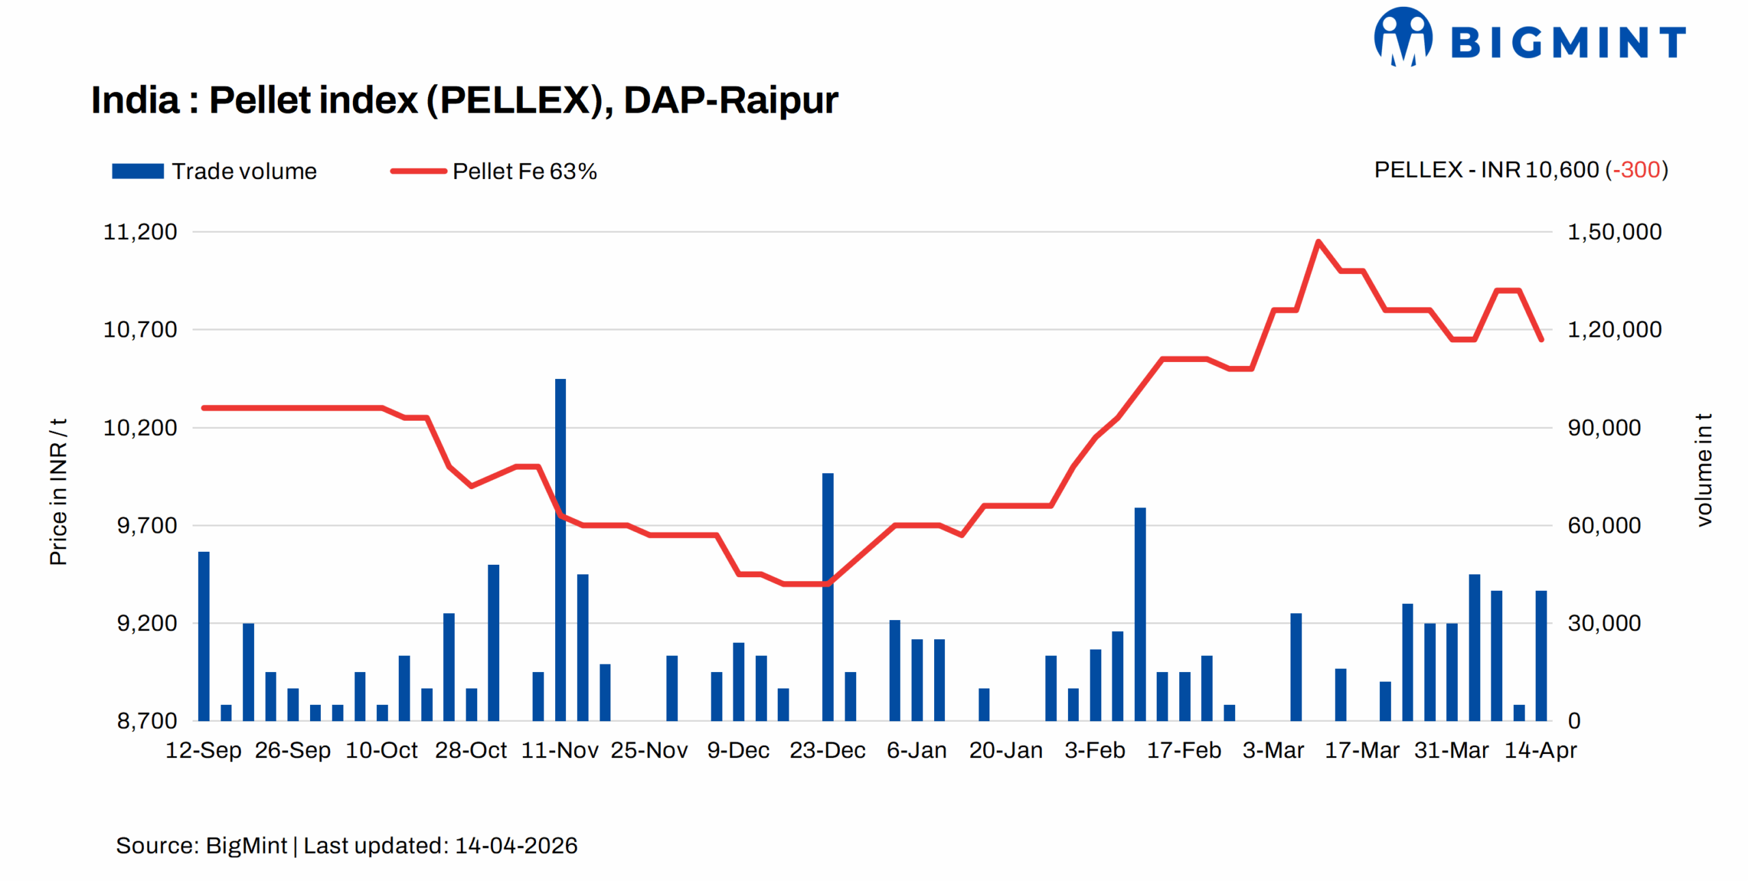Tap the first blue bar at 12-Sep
coord(203,635)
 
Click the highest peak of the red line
coord(1318,241)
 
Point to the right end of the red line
coord(1541,339)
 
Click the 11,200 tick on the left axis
coord(140,232)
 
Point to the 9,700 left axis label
coord(147,525)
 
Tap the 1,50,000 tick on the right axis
coord(1614,232)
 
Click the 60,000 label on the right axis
coord(1604,525)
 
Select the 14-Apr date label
coord(1540,750)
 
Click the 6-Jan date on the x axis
coord(916,750)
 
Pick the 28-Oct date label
coord(470,750)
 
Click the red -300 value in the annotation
coord(1636,169)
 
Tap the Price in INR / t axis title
coord(59,492)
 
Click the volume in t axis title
coord(1704,470)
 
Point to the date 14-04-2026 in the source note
coord(516,845)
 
